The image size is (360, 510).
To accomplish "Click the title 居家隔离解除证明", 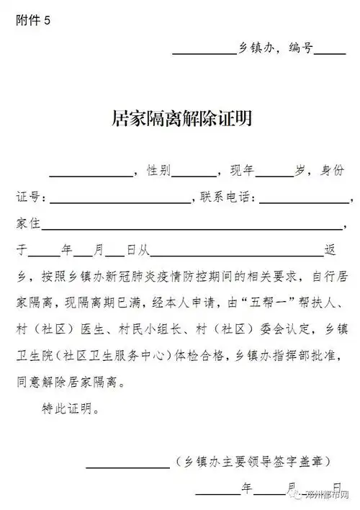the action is [x=181, y=119].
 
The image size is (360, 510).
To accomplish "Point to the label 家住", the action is [x=27, y=223].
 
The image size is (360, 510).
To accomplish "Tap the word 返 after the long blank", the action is [x=330, y=250].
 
